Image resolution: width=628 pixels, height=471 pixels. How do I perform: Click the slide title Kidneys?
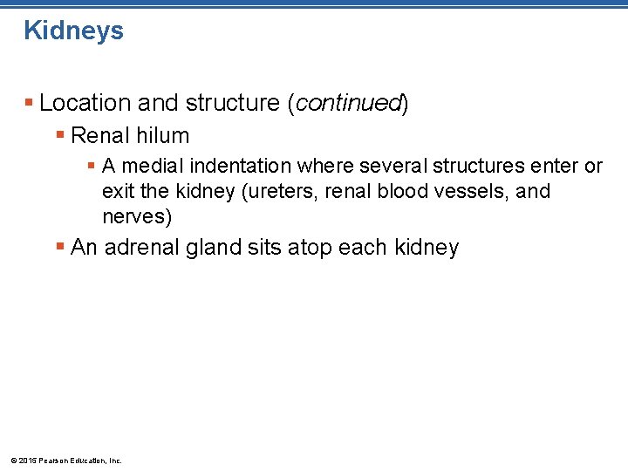click(x=74, y=31)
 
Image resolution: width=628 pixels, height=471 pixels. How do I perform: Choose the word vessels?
click(x=474, y=191)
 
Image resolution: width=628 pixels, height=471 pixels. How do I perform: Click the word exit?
click(x=117, y=191)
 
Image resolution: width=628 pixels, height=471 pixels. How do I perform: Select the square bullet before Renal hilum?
click(x=60, y=136)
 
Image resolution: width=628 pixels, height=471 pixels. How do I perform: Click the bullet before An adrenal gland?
click(x=60, y=248)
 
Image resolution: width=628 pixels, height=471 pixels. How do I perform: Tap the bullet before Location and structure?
click(x=30, y=103)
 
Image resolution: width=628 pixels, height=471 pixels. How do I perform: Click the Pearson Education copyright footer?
click(x=65, y=460)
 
